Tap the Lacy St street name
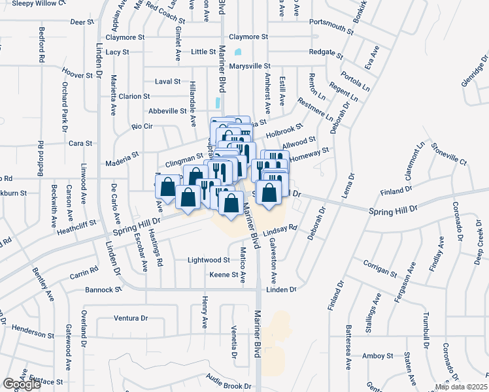point(118,52)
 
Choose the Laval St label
point(167,82)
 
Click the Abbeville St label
point(168,111)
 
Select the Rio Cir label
point(142,126)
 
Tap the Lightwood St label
point(209,259)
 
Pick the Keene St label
point(224,275)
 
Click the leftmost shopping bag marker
point(168,187)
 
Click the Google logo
point(22,384)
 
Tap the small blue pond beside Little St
point(237,52)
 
